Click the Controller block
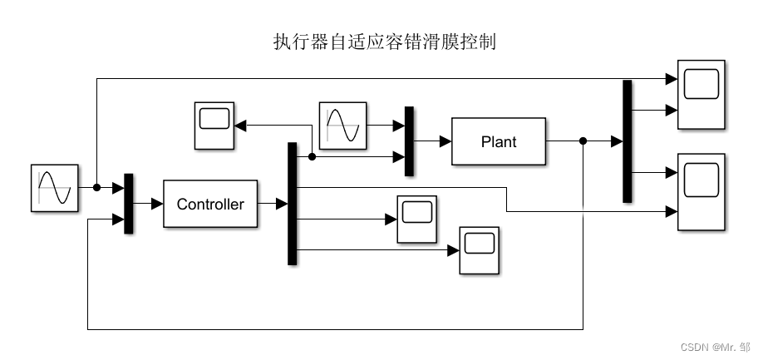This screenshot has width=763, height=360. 210,203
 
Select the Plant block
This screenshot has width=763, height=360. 499,141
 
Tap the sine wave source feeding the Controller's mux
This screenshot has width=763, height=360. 55,188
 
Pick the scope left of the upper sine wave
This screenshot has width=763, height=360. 214,126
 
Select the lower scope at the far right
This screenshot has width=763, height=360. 701,192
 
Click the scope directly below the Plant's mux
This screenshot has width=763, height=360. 416,219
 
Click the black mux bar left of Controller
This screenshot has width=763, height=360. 129,204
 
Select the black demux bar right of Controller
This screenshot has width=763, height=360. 292,204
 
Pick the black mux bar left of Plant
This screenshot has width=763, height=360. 409,141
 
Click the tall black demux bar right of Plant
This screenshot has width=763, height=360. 628,141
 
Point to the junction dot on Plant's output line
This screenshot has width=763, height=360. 583,141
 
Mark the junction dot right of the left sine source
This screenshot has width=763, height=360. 96,188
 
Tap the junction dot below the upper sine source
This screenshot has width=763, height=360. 312,156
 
